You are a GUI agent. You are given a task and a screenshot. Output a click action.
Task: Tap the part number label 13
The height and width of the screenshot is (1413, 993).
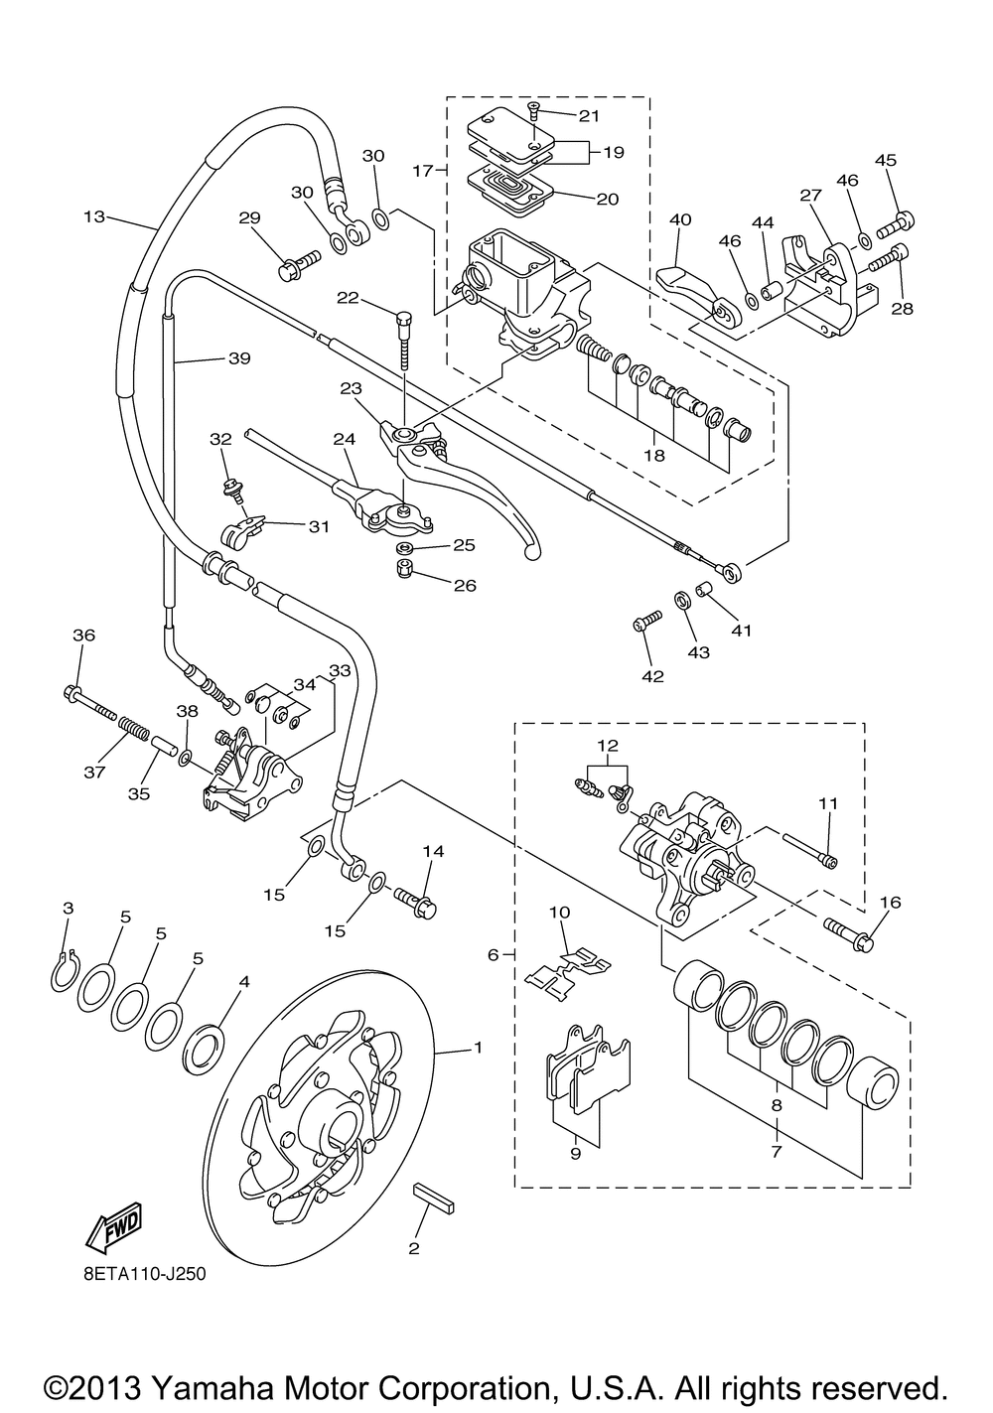[x=94, y=216]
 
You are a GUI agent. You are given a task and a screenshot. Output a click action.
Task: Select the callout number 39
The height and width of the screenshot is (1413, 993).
[x=239, y=358]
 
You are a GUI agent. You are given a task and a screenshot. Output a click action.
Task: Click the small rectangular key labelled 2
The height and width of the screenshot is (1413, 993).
[x=434, y=1198]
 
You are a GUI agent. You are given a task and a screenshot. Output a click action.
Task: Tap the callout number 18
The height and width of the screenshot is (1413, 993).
[x=654, y=455]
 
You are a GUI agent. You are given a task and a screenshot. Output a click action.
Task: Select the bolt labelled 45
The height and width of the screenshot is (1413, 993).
[x=896, y=224]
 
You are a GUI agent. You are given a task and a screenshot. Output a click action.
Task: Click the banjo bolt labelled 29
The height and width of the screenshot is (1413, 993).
[x=299, y=266]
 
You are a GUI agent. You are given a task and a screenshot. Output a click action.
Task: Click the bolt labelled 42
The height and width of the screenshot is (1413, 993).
[x=647, y=620]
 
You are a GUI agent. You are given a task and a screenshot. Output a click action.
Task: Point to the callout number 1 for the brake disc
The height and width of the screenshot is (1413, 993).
[x=478, y=1048]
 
